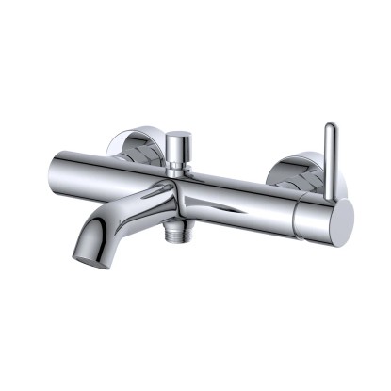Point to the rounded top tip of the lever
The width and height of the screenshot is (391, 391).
click(x=330, y=127)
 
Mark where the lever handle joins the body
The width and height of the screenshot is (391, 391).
click(x=329, y=195)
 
